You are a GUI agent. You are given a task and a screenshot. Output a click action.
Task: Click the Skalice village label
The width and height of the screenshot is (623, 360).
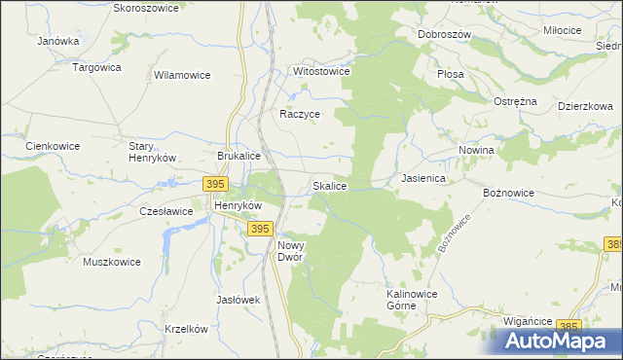pyautogui.click(x=329, y=185)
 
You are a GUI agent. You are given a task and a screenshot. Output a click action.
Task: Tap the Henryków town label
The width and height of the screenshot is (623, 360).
pyautogui.click(x=238, y=206)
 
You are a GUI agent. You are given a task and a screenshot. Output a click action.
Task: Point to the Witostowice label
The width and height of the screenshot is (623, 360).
pyautogui.click(x=321, y=72)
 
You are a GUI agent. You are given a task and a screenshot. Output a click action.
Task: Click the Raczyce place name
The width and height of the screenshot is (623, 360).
pyautogui.click(x=300, y=114)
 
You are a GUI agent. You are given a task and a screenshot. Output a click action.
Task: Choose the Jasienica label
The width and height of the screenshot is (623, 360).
pyautogui.click(x=423, y=179)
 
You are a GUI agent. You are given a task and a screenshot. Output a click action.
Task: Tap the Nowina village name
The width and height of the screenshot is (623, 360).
pyautogui.click(x=476, y=151)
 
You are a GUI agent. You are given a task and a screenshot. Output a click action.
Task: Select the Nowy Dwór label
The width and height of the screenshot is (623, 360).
pyautogui.click(x=292, y=251)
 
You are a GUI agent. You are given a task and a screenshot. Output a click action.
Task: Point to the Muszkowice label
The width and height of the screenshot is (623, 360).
pyautogui.click(x=112, y=262)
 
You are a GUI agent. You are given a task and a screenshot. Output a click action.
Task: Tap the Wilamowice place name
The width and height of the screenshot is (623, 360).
pyautogui.click(x=183, y=74)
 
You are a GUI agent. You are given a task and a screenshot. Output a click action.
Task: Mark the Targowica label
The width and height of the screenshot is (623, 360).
pyautogui.click(x=97, y=67)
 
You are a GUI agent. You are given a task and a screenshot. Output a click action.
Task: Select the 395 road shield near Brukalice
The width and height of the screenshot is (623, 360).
pyautogui.click(x=216, y=184)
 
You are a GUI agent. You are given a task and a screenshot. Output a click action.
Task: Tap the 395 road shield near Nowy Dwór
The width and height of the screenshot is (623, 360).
pyautogui.click(x=259, y=229)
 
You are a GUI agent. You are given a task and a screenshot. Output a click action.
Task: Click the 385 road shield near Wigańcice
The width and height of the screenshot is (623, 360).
pyautogui.click(x=569, y=326)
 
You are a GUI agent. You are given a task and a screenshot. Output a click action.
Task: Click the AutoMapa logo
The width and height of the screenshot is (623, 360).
pyautogui.click(x=560, y=340)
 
